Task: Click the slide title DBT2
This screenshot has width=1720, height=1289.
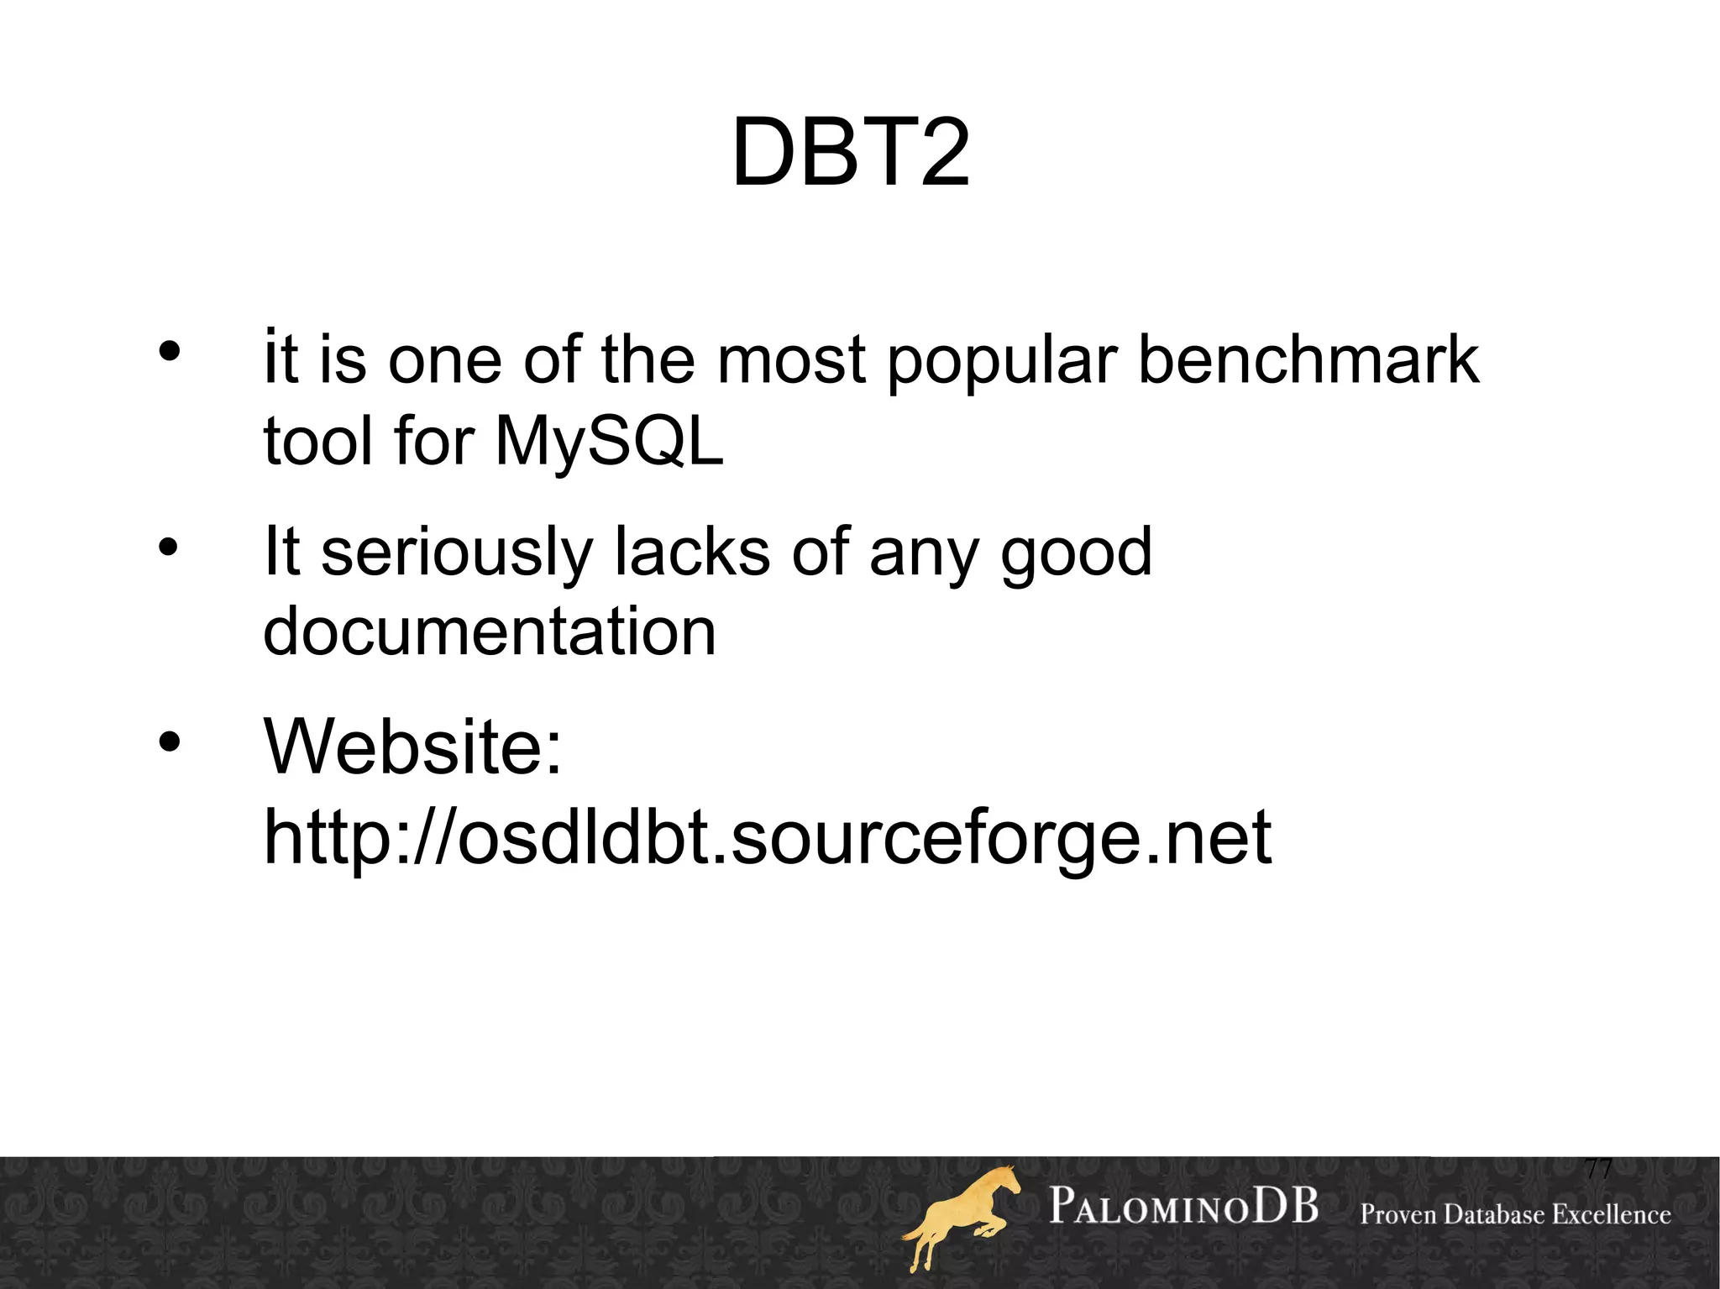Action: coord(851,154)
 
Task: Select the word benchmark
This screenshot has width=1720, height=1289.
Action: coord(1308,359)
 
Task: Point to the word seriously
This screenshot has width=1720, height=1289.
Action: coord(457,554)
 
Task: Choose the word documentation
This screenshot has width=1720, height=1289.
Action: coord(490,631)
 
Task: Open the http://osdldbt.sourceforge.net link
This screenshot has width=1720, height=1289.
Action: coord(768,837)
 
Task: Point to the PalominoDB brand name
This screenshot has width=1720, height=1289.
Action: coord(1183,1207)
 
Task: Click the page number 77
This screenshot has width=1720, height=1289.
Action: coord(1597,1169)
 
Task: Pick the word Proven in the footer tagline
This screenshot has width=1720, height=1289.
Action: coord(1398,1214)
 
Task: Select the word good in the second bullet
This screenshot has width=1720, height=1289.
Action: coord(1076,554)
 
